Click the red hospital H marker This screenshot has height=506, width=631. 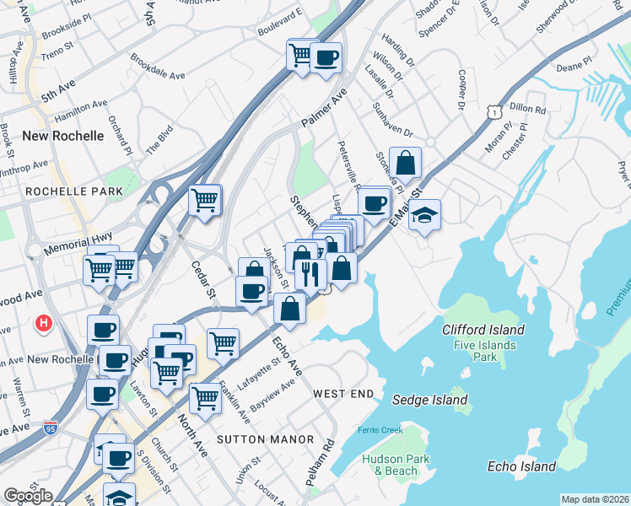pyautogui.click(x=44, y=323)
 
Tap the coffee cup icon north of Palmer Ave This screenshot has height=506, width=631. pyautogui.click(x=326, y=58)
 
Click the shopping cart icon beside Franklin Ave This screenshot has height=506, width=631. pyautogui.click(x=205, y=399)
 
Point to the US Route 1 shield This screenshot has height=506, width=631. pyautogui.click(x=494, y=110)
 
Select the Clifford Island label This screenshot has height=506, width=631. pyautogui.click(x=483, y=330)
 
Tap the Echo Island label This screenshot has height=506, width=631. pyautogui.click(x=521, y=466)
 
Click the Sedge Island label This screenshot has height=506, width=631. pyautogui.click(x=429, y=399)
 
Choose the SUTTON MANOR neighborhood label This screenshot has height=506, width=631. pyautogui.click(x=265, y=439)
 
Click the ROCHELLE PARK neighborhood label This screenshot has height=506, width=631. pyautogui.click(x=74, y=192)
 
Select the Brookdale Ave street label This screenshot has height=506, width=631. pyautogui.click(x=158, y=68)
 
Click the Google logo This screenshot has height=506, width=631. pyautogui.click(x=29, y=495)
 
